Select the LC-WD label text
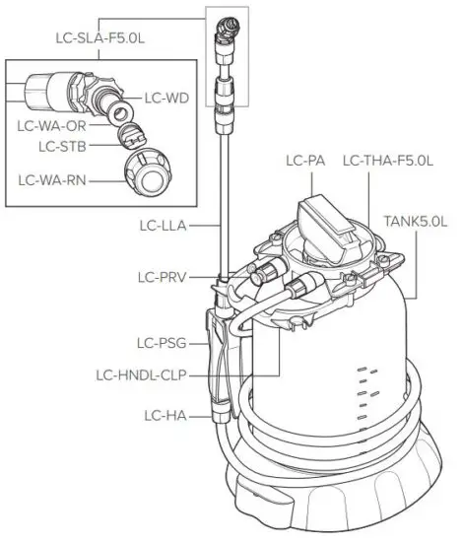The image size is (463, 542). click(165, 98)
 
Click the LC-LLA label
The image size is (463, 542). click(162, 226)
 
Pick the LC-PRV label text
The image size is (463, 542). click(161, 278)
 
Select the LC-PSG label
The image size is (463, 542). click(159, 344)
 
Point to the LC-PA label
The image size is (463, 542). click(306, 160)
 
